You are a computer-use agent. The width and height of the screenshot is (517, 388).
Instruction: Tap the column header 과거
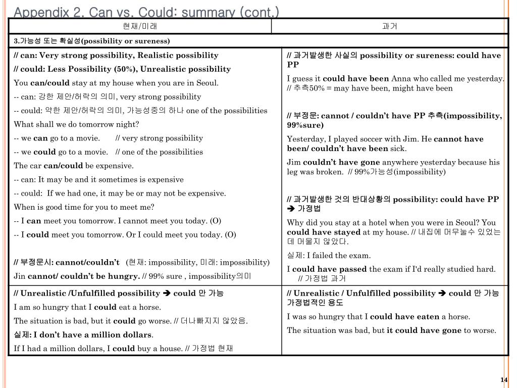(390, 26)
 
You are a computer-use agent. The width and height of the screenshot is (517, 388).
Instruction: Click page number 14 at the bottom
(503, 380)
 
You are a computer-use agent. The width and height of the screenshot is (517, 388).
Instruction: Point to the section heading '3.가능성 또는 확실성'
(92, 41)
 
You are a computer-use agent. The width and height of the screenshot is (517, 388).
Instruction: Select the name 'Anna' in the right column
(401, 78)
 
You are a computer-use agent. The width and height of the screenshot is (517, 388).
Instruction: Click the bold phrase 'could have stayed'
(324, 232)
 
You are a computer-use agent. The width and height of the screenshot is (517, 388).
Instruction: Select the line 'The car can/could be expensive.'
(74, 166)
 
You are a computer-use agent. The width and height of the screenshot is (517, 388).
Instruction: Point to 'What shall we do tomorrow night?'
(76, 124)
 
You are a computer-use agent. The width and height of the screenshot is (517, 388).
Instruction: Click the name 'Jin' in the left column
(20, 276)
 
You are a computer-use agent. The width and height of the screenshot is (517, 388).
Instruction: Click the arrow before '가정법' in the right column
(290, 209)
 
